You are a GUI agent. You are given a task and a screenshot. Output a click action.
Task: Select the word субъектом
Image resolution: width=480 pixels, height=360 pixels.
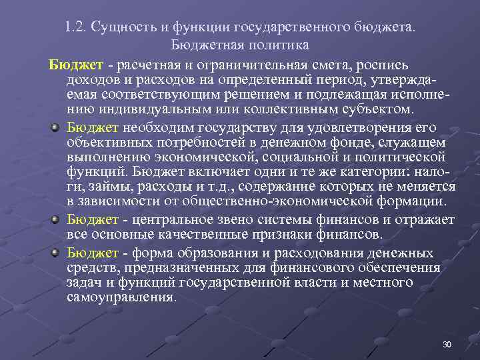coord(379,109)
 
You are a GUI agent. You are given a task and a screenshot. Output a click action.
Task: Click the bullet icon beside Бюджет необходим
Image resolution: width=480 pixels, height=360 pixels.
coord(57,127)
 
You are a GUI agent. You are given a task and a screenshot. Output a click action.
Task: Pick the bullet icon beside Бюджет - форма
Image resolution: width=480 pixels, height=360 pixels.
coord(57,252)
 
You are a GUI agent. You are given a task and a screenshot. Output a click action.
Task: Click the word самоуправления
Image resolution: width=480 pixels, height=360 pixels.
coord(121,297)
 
